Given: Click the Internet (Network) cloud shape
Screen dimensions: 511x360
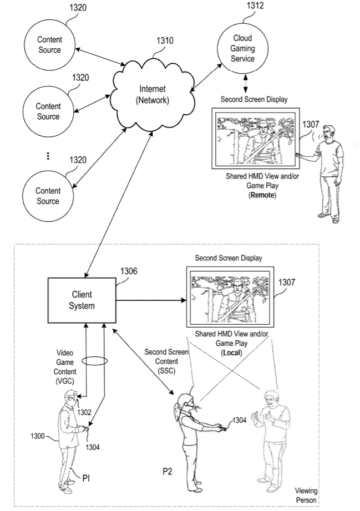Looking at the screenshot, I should click(153, 95).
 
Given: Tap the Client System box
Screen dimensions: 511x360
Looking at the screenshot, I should click(82, 300).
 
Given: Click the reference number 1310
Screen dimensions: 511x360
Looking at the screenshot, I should click(165, 40).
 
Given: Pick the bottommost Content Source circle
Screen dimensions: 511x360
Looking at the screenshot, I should click(48, 196).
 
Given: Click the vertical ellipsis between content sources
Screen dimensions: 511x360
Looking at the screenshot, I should click(48, 156).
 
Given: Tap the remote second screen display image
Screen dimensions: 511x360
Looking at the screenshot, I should click(255, 140).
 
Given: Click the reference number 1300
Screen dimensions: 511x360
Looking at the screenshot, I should click(38, 436).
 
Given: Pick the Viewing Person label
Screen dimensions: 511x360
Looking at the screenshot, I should click(307, 495).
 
